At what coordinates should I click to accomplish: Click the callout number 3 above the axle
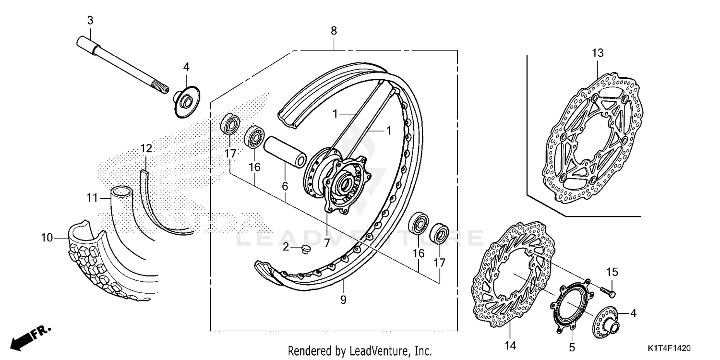90,20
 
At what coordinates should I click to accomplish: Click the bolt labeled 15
609,290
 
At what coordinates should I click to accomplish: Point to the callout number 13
597,53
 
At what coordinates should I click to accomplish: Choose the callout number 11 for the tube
92,197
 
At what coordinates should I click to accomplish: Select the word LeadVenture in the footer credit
375,350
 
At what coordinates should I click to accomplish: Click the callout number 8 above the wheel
334,31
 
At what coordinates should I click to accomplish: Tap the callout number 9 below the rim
343,300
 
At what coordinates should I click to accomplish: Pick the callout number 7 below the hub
326,243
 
